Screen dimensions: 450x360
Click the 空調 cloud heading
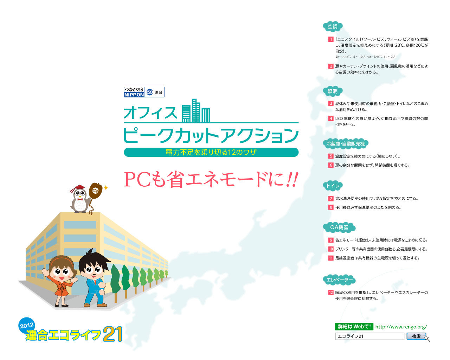point(333,27)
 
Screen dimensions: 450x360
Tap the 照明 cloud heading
point(333,91)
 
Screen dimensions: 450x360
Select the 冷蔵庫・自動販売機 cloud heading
point(346,144)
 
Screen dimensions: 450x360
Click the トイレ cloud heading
point(333,186)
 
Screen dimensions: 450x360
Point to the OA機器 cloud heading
point(339,227)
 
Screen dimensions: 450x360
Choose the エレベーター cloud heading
point(339,280)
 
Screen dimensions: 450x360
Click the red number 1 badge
point(331,39)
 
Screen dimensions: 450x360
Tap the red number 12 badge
point(331,292)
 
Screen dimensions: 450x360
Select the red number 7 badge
point(331,199)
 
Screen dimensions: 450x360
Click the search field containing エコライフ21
point(369,336)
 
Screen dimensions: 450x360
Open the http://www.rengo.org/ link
point(401,327)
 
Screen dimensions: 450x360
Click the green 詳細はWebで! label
point(354,327)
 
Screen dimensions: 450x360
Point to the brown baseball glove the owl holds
point(95,191)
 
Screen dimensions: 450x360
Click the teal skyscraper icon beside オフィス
point(196,111)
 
